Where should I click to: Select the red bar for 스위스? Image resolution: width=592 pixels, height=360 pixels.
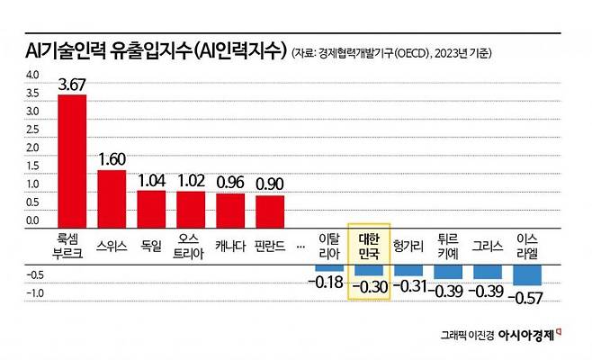[112, 197]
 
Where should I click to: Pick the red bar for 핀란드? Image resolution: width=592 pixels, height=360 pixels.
[270, 210]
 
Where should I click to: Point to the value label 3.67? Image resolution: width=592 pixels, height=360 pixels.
[72, 85]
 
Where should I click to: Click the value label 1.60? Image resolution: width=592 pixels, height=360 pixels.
[112, 159]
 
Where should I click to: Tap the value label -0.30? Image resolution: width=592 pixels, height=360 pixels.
[369, 288]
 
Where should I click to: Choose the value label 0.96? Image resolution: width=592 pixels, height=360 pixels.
[230, 181]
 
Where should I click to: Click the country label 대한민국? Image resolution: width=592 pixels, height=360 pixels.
[369, 245]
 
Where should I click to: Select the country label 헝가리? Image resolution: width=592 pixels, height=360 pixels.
[408, 244]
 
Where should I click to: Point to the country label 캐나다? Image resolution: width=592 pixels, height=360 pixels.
[230, 244]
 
